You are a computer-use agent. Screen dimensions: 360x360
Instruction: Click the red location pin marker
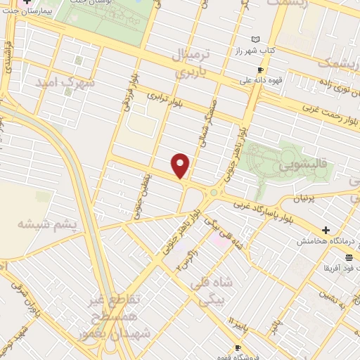point(181,165)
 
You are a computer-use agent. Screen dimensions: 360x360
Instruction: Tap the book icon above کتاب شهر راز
point(255,40)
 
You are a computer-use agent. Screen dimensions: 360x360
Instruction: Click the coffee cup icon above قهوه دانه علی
point(260,70)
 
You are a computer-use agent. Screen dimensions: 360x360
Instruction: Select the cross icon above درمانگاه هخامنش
point(326,230)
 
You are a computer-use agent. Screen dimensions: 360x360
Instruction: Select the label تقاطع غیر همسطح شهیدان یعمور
point(115,317)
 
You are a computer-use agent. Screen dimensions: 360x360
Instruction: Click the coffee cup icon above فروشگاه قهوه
point(238,347)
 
